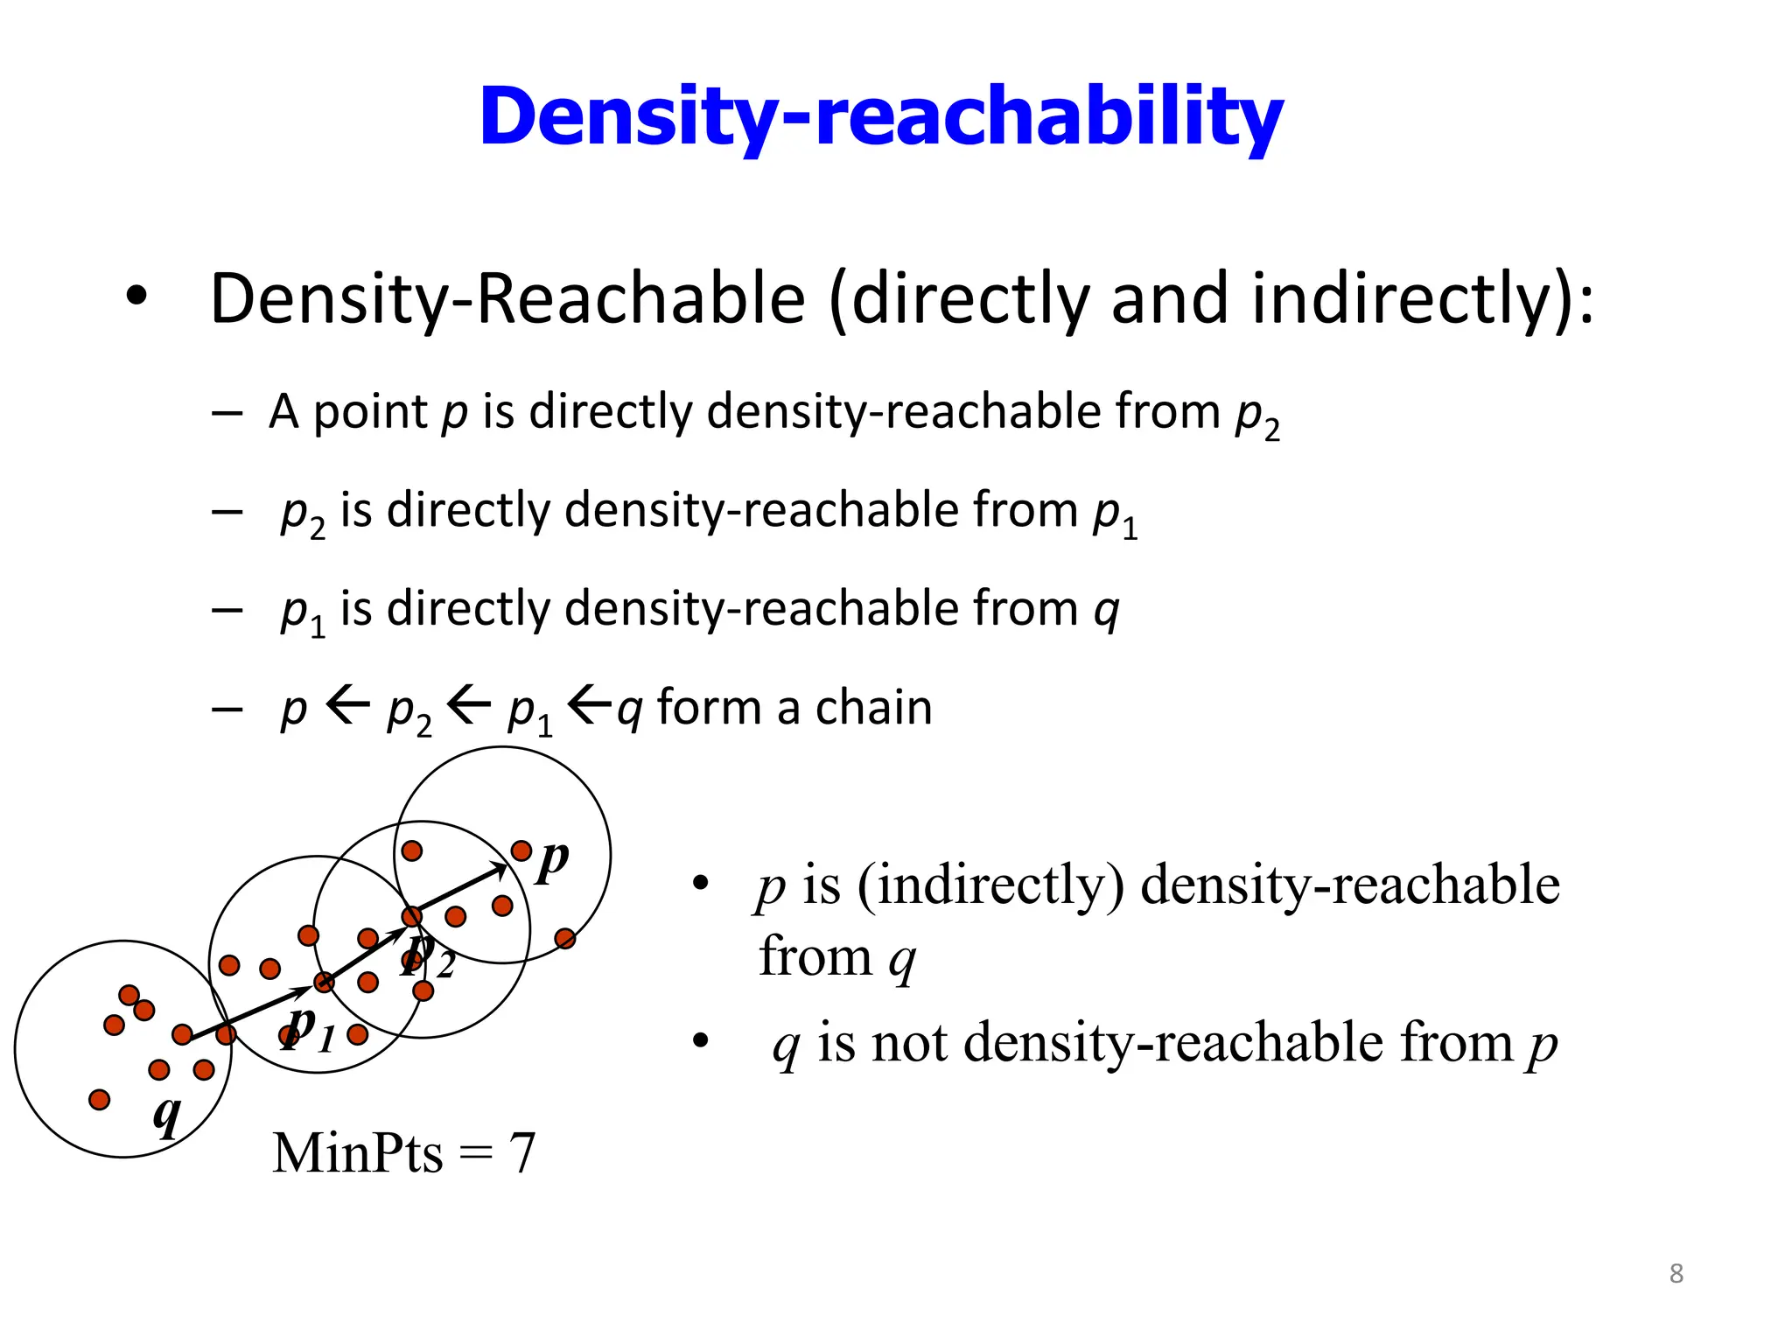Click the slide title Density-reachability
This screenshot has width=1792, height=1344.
point(880,117)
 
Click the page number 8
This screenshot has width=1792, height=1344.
point(1676,1273)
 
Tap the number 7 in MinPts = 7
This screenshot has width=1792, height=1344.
point(521,1153)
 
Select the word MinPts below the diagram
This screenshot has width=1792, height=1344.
point(357,1153)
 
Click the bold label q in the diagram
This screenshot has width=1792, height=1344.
point(166,1115)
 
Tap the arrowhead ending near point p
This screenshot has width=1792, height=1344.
point(500,868)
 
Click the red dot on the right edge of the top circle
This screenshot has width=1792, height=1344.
point(565,939)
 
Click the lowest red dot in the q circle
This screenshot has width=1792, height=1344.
point(100,1099)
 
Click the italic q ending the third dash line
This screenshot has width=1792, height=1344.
point(1106,609)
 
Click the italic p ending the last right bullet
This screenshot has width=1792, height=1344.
point(1542,1045)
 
